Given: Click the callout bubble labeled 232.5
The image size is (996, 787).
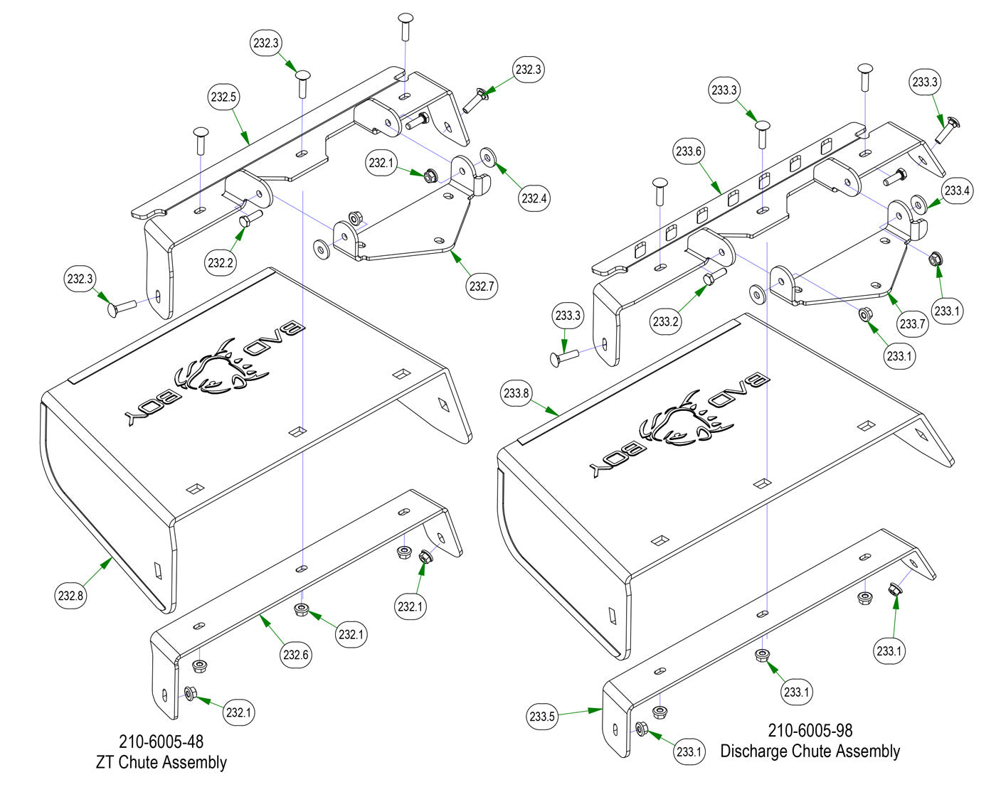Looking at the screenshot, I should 223,97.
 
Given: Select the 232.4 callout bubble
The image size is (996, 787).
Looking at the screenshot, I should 533,198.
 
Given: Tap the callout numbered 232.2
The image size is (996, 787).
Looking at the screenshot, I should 221,262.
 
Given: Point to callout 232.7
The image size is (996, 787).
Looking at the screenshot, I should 482,287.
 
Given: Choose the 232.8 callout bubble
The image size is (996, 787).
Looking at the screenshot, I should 70,596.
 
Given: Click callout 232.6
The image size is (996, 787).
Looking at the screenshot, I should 295,655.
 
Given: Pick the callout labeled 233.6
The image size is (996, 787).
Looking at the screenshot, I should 689,151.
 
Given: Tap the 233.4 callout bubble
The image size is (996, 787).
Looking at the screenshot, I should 957,191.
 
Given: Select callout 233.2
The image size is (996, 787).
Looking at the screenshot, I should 665,321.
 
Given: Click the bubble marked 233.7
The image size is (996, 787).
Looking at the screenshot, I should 912,324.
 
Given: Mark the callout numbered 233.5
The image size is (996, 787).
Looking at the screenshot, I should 541,716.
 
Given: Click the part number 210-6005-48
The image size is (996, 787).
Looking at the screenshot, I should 161,742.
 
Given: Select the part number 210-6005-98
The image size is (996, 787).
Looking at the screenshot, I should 810,730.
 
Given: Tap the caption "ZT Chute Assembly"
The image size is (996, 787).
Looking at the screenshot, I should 161,762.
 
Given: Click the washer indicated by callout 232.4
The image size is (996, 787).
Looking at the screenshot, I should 488,155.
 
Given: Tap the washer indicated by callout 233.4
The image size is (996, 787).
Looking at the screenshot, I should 918,205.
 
